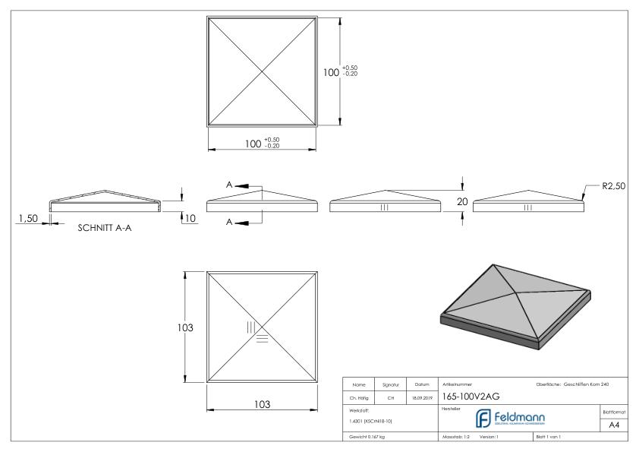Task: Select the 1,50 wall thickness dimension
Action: [x=27, y=219]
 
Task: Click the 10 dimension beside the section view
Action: [x=190, y=219]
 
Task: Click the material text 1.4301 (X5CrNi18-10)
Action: [x=371, y=420]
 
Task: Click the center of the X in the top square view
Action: [x=263, y=72]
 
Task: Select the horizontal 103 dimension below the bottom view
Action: [x=263, y=404]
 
